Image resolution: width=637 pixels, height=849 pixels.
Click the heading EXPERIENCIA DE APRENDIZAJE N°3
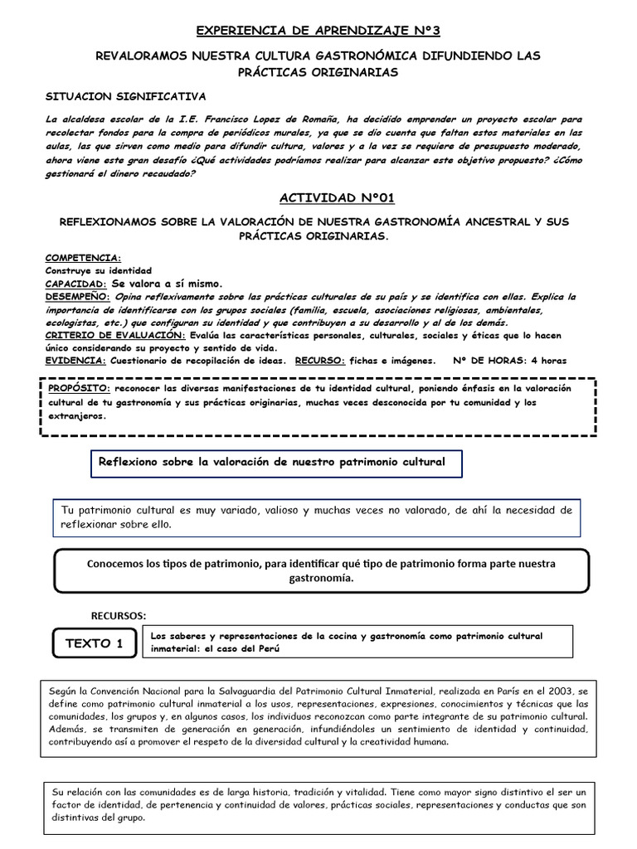point(318,31)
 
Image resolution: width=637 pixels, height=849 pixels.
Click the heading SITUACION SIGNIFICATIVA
point(125,96)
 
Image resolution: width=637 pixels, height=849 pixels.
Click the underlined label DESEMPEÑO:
point(77,296)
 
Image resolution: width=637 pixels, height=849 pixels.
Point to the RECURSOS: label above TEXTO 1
point(118,615)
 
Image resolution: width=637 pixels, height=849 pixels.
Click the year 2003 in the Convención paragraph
point(559,690)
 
